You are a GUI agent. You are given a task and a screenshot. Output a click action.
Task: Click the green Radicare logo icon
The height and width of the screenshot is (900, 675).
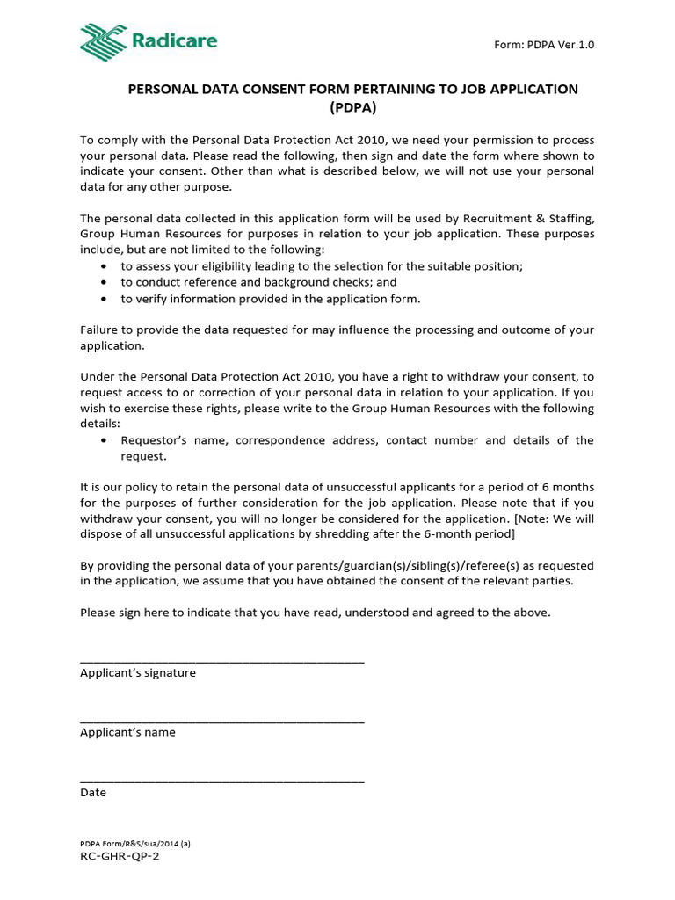coord(103,42)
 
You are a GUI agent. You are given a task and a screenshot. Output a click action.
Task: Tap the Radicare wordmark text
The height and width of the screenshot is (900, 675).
coord(175,40)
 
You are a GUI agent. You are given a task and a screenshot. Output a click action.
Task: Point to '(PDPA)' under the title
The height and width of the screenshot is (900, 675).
coord(353,107)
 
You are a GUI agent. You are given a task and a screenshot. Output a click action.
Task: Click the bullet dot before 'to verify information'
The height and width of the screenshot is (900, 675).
coord(105,299)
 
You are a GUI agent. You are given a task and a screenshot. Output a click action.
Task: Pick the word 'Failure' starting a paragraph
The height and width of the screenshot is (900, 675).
coord(99,330)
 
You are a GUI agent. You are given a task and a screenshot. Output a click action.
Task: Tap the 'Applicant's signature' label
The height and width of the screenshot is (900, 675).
coord(138,673)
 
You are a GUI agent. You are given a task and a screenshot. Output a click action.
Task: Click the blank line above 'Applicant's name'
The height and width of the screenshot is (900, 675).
coord(221,721)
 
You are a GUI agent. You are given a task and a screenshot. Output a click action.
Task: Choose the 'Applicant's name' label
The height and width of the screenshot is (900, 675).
coord(127,732)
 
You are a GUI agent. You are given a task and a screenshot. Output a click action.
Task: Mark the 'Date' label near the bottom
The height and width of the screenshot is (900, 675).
coord(93,792)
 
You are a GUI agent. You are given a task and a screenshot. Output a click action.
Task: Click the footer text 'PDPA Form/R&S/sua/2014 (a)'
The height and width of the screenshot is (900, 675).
coord(135,843)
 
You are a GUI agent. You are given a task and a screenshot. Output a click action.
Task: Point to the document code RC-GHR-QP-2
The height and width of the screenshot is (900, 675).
coord(120,856)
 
